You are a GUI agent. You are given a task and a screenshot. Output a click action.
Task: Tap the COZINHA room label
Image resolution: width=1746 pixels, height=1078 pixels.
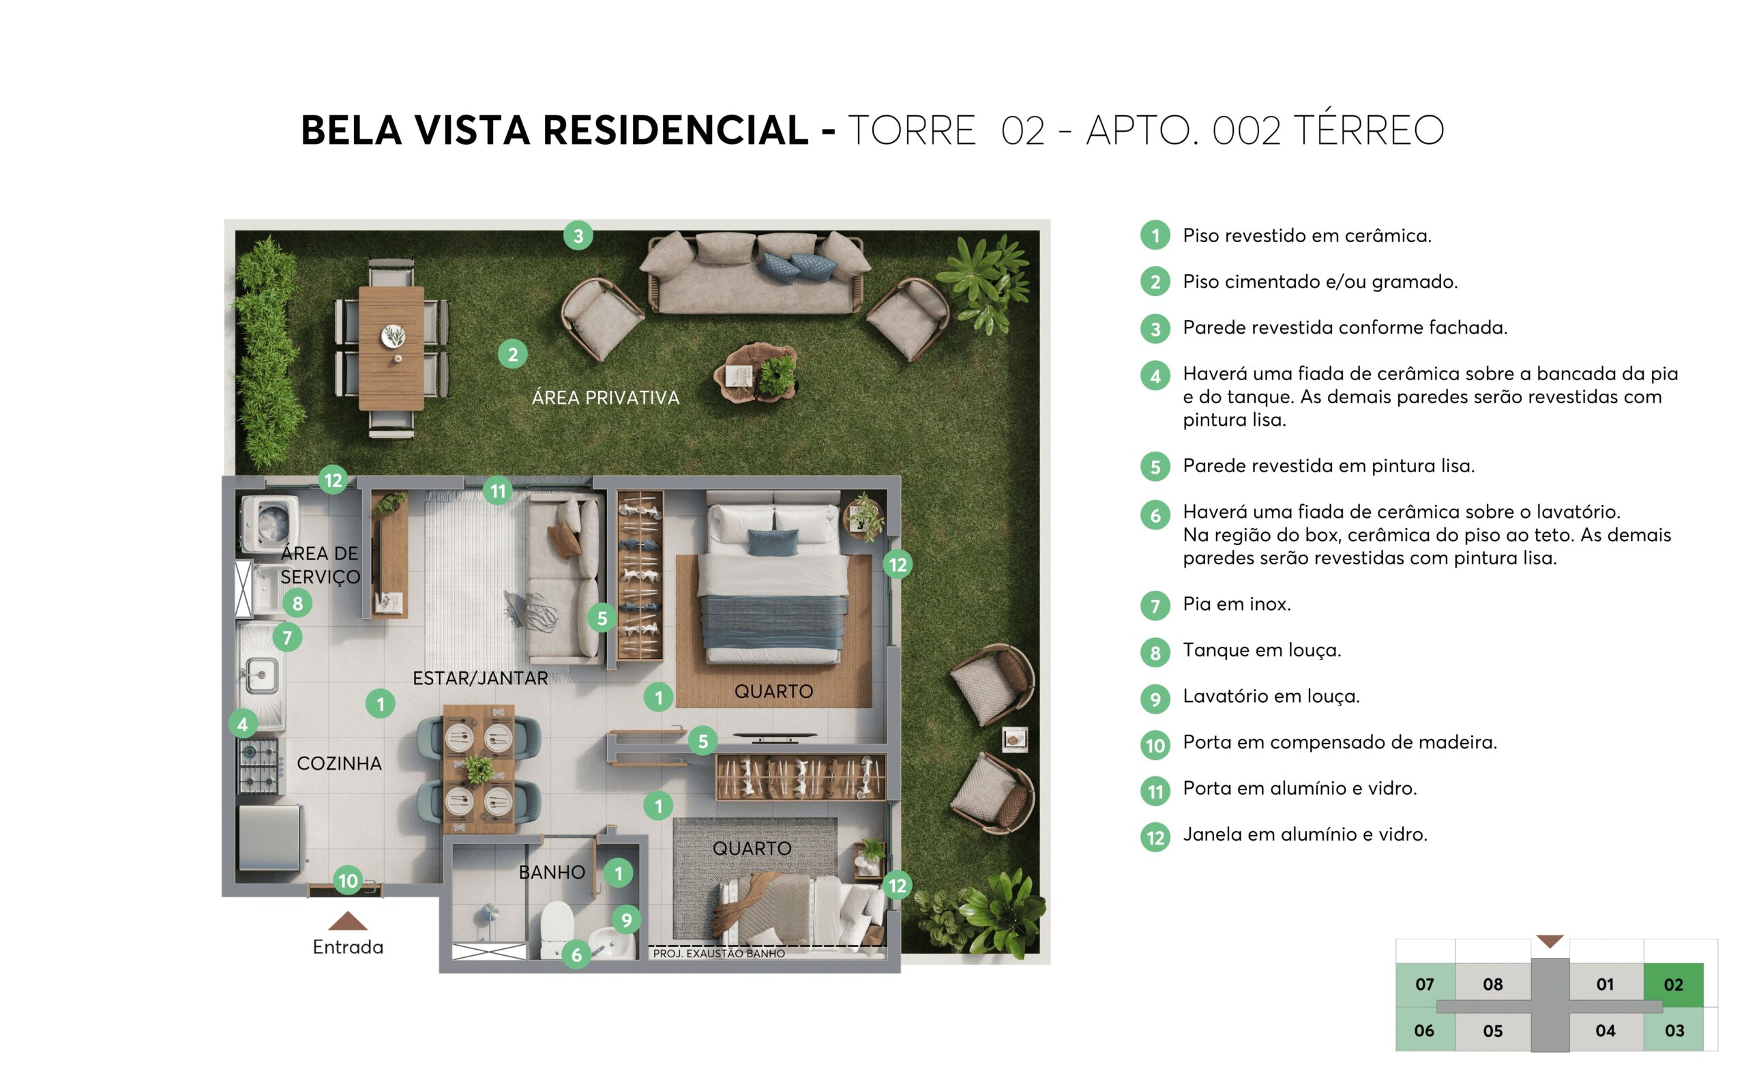point(338,763)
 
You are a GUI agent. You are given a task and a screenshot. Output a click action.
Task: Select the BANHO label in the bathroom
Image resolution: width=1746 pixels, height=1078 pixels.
point(551,872)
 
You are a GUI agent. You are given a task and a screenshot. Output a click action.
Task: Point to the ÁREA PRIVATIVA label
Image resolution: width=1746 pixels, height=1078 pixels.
point(605,398)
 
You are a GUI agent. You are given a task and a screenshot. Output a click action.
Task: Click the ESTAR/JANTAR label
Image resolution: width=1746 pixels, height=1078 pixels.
point(479,678)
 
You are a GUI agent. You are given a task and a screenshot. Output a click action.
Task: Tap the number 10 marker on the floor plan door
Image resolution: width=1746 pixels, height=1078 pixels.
point(347,881)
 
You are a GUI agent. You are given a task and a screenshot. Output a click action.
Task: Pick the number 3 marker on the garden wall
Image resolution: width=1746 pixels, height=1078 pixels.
point(578,236)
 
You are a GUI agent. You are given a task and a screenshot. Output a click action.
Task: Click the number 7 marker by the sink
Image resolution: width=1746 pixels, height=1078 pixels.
point(287,637)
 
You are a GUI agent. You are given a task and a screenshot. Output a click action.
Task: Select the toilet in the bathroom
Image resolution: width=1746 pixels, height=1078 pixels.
point(557,929)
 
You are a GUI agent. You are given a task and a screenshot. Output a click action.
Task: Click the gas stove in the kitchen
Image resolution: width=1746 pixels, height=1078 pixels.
point(258,766)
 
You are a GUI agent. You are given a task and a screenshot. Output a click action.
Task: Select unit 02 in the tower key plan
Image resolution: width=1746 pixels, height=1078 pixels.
point(1672,984)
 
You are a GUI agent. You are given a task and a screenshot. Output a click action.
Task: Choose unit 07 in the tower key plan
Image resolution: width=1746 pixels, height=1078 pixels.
point(1424,984)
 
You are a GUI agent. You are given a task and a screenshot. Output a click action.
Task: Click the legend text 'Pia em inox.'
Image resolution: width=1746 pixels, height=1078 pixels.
point(1237,604)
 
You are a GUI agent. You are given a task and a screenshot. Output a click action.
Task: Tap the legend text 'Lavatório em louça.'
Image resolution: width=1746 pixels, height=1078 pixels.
point(1271,696)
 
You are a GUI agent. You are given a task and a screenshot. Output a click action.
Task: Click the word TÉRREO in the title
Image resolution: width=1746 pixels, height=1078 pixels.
point(1368,130)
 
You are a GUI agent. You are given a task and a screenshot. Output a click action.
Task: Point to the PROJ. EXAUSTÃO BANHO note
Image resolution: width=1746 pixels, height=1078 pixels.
point(718,953)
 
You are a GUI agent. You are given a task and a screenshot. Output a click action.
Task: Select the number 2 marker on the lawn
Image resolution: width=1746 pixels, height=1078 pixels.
point(512,353)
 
